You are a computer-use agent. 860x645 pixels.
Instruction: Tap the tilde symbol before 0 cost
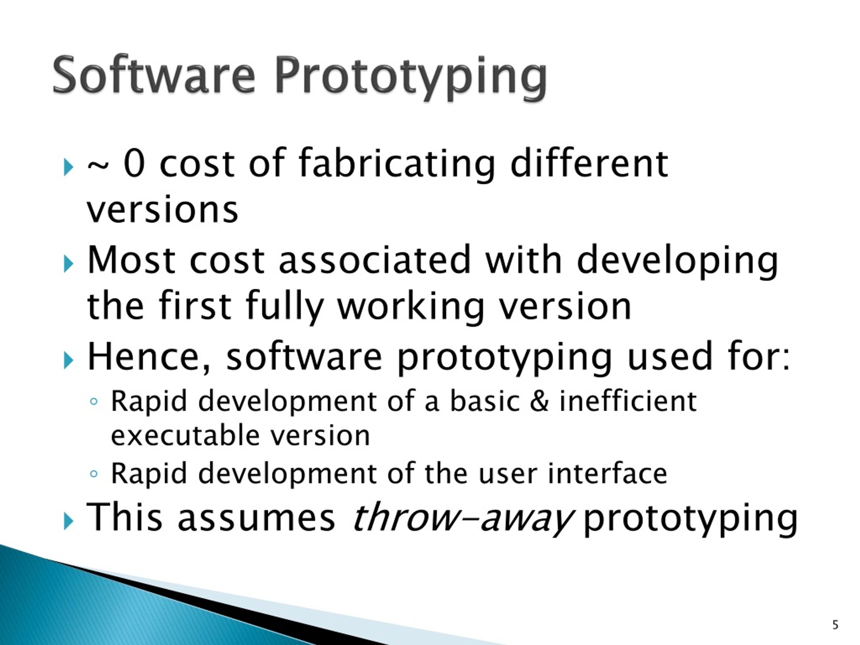[98, 166]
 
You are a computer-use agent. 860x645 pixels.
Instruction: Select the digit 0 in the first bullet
[134, 164]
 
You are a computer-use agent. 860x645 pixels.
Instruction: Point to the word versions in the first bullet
[163, 210]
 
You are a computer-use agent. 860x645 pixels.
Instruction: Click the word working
[411, 307]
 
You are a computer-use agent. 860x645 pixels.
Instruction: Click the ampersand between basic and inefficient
[539, 401]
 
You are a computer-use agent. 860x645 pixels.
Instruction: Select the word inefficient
[628, 401]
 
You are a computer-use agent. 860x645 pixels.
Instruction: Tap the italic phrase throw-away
[462, 517]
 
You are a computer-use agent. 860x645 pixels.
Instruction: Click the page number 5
[835, 625]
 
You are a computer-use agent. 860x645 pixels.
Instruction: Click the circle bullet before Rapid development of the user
[93, 474]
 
